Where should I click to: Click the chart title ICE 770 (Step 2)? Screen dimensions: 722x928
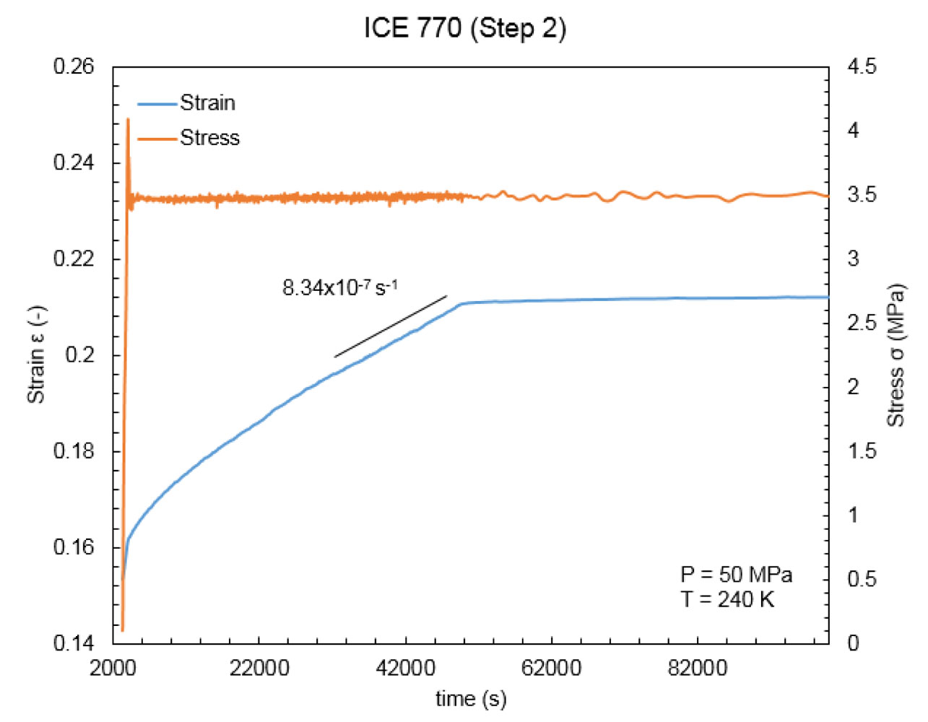coord(464,28)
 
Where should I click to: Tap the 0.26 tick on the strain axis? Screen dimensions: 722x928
coord(74,66)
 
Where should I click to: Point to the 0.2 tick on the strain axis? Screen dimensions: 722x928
coord(79,355)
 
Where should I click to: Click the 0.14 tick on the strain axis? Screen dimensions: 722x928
coord(74,643)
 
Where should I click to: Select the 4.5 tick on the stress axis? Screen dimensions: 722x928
coord(862,66)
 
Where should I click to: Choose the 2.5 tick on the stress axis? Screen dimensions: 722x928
coord(862,323)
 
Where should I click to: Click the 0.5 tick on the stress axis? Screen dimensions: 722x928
coord(862,579)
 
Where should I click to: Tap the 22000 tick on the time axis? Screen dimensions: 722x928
coord(259,668)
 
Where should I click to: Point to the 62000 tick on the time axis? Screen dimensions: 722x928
coord(551,668)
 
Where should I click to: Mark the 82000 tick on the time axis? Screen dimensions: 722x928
coord(698,668)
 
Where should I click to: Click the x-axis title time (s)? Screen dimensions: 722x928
coord(471,699)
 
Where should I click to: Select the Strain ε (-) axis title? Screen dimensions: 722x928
coord(36,355)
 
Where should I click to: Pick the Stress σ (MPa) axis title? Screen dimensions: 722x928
coord(896,355)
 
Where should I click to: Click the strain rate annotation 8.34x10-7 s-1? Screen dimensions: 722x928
coord(339,287)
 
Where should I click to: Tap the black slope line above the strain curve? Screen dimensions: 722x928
coord(391,326)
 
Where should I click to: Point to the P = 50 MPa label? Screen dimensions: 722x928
coord(736,575)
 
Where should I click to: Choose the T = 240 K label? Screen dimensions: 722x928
coord(727,599)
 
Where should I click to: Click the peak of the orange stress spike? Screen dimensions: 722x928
coord(128,119)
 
